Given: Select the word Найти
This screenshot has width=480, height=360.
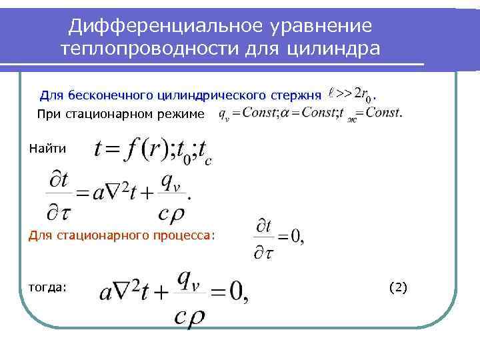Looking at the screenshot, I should click(47, 148).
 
